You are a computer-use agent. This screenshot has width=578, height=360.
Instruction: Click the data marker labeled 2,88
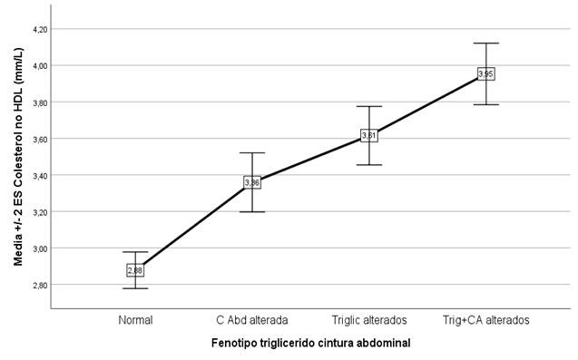pyautogui.click(x=135, y=270)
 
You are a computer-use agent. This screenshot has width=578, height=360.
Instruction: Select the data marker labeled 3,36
pyautogui.click(x=252, y=182)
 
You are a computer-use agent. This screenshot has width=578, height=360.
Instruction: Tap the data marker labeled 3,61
pyautogui.click(x=368, y=135)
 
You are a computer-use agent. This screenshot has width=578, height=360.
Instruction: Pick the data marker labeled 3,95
pyautogui.click(x=485, y=73)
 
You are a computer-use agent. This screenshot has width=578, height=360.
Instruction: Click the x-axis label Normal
pyautogui.click(x=135, y=319)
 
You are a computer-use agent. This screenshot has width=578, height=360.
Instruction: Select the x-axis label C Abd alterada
pyautogui.click(x=252, y=319)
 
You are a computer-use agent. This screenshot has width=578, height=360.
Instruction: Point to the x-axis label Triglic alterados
pyautogui.click(x=368, y=319)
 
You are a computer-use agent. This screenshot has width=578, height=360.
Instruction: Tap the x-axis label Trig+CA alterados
pyautogui.click(x=485, y=319)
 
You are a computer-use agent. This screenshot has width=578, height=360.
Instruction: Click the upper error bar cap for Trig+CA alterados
pyautogui.click(x=485, y=43)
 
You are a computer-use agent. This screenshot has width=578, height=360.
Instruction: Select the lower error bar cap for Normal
pyautogui.click(x=135, y=288)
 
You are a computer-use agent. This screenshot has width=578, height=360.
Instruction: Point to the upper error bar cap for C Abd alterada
pyautogui.click(x=252, y=153)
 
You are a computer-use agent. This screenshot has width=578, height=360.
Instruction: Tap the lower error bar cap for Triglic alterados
pyautogui.click(x=368, y=165)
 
